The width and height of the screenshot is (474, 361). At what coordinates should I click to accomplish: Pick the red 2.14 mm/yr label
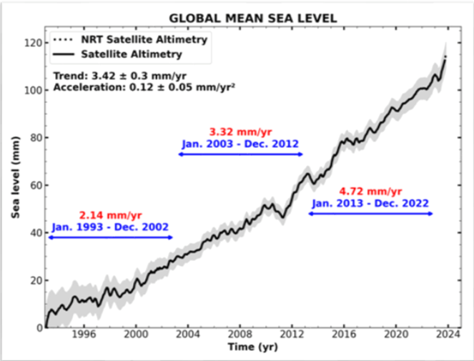(x=111, y=214)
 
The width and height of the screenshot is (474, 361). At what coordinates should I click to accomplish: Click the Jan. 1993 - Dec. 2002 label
(x=111, y=227)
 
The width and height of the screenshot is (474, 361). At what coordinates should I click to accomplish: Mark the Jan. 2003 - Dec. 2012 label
(x=240, y=144)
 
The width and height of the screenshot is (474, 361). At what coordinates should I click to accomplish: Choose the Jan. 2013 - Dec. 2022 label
(x=370, y=204)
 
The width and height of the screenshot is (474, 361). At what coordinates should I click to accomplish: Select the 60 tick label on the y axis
(x=34, y=185)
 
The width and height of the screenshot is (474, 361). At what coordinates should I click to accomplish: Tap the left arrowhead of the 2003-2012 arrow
(x=181, y=154)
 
